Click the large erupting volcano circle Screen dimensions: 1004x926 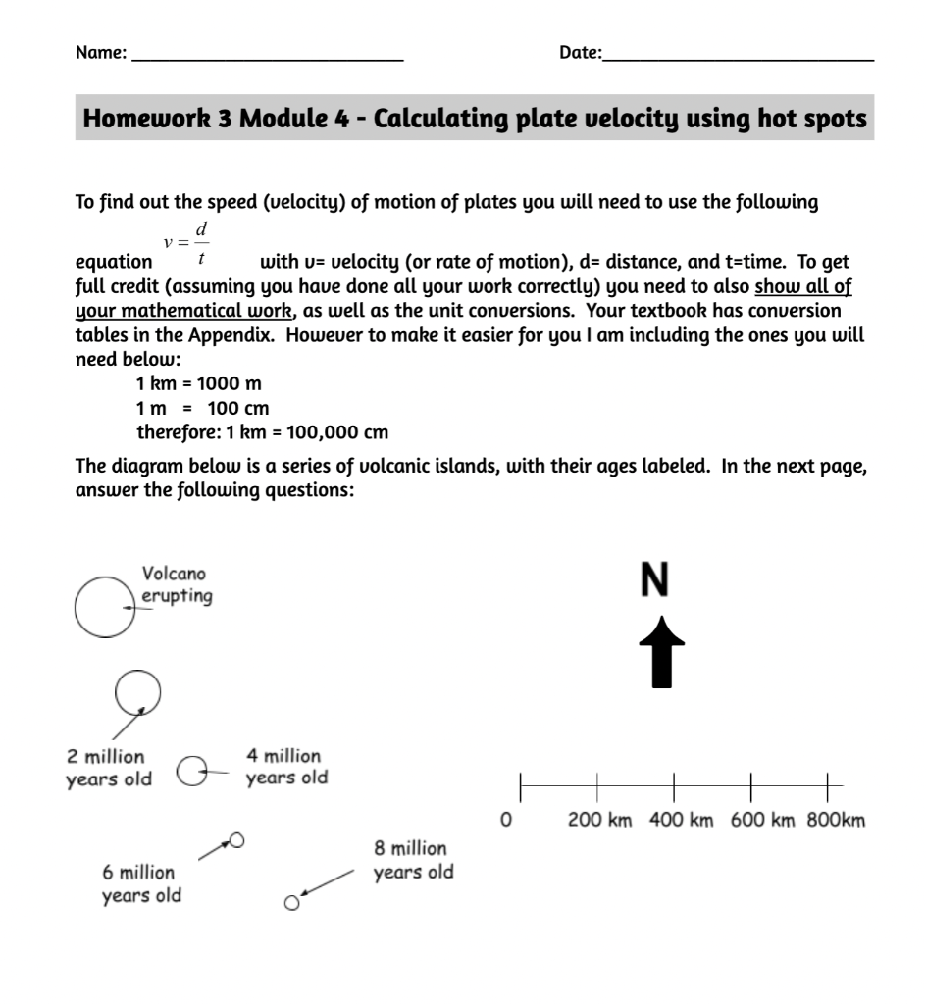pyautogui.click(x=104, y=606)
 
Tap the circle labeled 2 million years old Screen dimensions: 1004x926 pyautogui.click(x=136, y=693)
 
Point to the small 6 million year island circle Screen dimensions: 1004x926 pyautogui.click(x=236, y=840)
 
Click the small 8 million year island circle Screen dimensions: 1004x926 pyautogui.click(x=291, y=903)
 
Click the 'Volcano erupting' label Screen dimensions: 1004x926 pyautogui.click(x=176, y=584)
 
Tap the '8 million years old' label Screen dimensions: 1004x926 pyautogui.click(x=413, y=860)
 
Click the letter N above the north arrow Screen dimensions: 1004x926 pyautogui.click(x=654, y=579)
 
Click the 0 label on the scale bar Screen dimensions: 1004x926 pyautogui.click(x=505, y=821)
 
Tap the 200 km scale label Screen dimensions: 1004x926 pyautogui.click(x=600, y=821)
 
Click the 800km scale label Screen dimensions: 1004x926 pyautogui.click(x=836, y=821)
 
